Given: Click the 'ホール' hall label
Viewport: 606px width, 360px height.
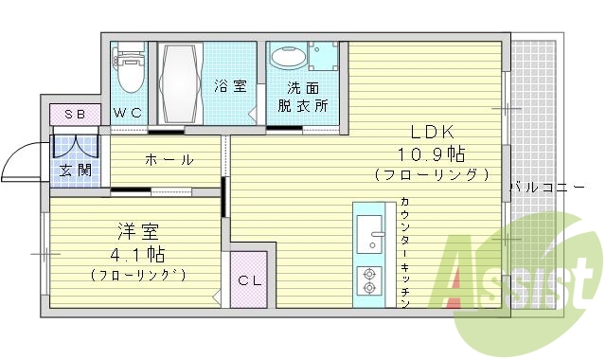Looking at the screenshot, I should (169, 159).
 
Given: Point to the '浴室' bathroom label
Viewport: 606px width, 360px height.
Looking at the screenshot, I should (230, 86).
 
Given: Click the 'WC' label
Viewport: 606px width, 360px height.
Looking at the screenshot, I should (128, 113).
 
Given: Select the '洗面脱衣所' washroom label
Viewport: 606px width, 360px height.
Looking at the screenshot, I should (302, 96).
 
